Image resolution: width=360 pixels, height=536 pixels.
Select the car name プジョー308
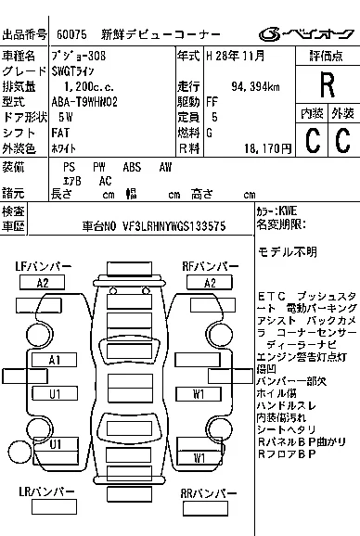pyautogui.click(x=79, y=57)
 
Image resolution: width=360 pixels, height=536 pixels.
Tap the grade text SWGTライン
pyautogui.click(x=79, y=70)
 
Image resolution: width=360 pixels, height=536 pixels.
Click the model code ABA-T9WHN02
pyautogui.click(x=87, y=102)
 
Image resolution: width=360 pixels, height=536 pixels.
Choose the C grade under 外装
pyautogui.click(x=342, y=140)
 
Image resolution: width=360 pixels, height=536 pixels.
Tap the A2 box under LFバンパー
pyautogui.click(x=42, y=282)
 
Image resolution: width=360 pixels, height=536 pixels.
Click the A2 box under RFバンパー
pyautogui.click(x=211, y=282)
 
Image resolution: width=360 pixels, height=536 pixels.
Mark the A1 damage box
pyautogui.click(x=55, y=359)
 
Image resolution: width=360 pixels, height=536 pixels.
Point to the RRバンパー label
pyautogui.click(x=211, y=493)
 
